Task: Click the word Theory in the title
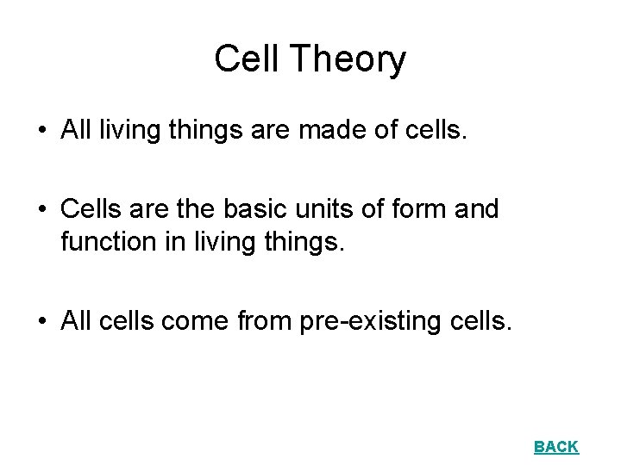tap(348, 60)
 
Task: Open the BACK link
tap(556, 446)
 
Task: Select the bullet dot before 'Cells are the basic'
tap(41, 210)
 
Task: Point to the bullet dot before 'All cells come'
tap(41, 323)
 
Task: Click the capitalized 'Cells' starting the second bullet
tap(92, 209)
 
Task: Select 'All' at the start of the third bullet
tap(77, 323)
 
